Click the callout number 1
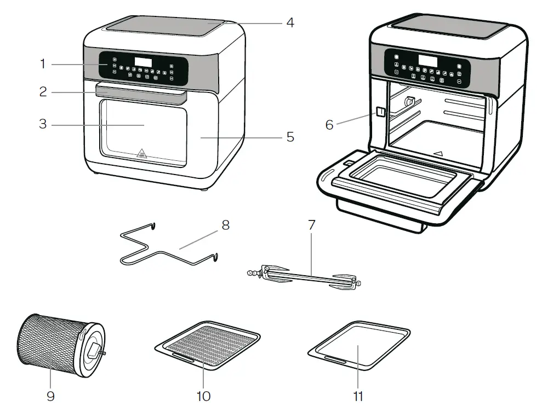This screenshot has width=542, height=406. click(x=42, y=64)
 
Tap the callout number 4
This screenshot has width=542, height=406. click(x=290, y=23)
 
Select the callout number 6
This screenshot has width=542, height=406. click(x=329, y=125)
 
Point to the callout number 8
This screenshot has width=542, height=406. click(x=225, y=225)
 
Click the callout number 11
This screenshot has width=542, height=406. click(x=357, y=395)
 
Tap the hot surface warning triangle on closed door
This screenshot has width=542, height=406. click(x=141, y=153)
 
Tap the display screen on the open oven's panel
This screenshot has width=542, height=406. click(x=428, y=61)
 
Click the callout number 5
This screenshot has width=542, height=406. click(x=290, y=137)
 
